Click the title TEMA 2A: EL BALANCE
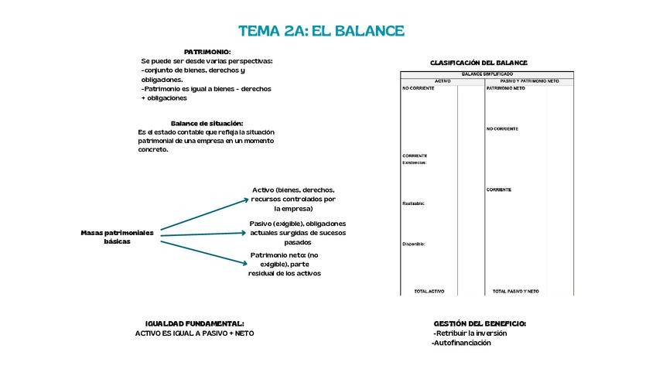321,31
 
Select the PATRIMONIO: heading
207,51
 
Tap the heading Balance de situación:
207,123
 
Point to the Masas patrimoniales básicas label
118,237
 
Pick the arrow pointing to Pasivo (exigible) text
203,231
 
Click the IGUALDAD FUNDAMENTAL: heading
195,323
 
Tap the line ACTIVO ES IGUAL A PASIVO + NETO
194,333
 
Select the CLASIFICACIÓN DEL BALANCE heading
479,63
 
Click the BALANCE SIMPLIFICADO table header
487,74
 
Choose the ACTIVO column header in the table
442,80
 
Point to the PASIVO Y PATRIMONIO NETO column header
529,80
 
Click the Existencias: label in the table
415,162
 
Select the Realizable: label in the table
414,203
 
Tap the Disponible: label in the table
414,244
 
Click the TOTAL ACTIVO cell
429,292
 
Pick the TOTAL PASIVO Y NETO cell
516,292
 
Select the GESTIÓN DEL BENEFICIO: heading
480,323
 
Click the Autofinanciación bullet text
462,343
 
